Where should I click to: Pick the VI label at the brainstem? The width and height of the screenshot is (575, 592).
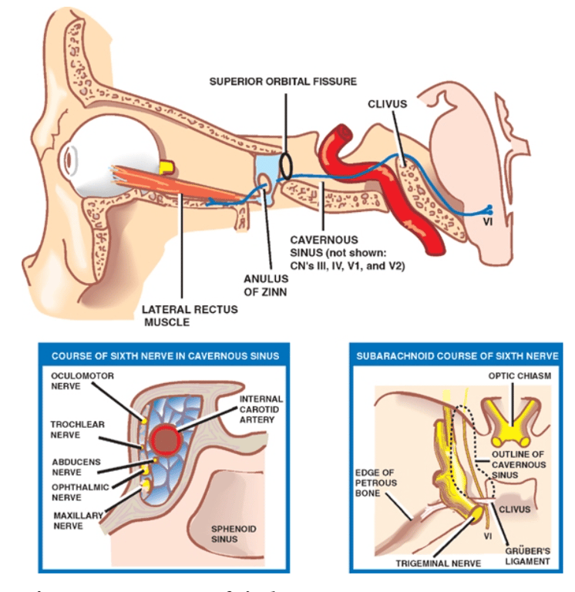pos(488,223)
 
